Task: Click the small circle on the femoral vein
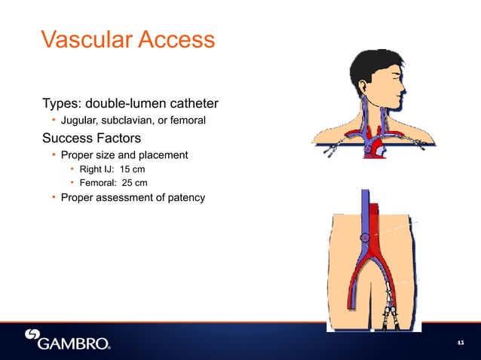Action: point(366,238)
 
